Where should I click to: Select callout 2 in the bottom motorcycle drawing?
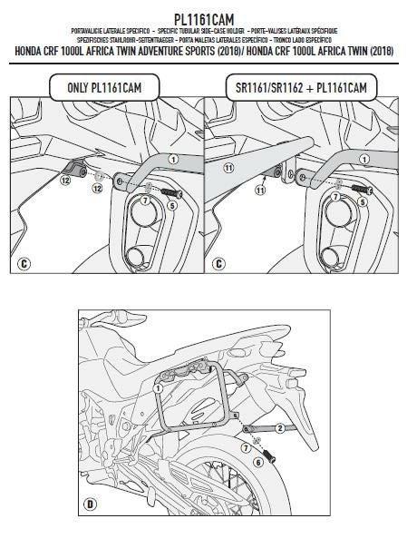coord(281,427)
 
